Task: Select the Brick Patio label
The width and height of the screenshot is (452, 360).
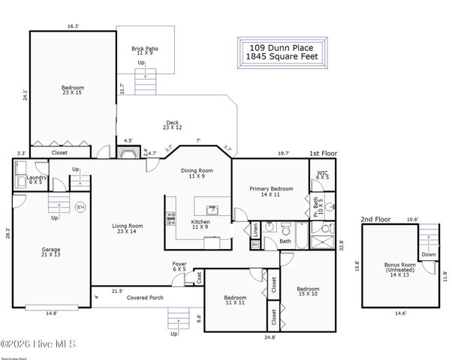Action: click(145, 50)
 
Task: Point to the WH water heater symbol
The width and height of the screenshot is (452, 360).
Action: click(80, 207)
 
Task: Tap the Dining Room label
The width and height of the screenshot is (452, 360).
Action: click(197, 172)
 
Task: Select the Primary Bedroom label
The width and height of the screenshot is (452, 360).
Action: click(271, 191)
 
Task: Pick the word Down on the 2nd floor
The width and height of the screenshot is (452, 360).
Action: click(428, 254)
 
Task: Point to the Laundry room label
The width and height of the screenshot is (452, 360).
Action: click(37, 179)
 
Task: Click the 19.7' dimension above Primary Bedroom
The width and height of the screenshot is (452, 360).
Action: click(283, 152)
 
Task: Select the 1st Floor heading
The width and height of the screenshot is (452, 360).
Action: click(324, 152)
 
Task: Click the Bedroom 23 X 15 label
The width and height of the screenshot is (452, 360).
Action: click(73, 90)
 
